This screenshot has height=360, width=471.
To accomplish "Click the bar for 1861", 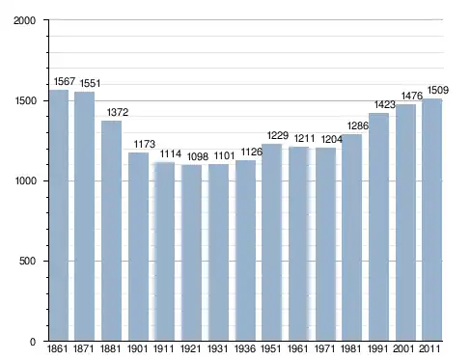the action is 59,215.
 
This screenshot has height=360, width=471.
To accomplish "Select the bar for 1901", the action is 138,247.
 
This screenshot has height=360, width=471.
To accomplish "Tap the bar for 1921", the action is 192,253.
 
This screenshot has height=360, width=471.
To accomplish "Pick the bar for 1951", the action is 272,242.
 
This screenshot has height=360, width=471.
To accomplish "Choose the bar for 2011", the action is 432,220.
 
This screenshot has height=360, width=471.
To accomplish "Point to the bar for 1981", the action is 352,237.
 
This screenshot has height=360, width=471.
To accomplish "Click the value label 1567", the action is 65,81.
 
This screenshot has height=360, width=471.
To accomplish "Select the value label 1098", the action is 198,157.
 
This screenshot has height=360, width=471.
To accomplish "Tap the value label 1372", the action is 118,112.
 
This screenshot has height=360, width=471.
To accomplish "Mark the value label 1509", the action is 437,90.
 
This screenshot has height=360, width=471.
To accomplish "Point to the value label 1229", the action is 278,135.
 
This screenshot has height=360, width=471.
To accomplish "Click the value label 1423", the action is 385,104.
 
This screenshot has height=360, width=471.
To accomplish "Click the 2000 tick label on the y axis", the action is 24,20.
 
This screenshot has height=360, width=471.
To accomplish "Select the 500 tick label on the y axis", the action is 27,261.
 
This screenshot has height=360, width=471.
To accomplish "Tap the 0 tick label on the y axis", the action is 33,342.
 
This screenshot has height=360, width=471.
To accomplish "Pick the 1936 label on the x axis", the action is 245,348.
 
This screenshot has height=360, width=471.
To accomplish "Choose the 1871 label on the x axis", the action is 84,348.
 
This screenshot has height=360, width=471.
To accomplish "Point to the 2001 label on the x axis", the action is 403,348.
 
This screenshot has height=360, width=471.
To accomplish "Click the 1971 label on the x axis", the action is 325,348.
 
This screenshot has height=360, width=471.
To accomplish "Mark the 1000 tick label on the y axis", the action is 25,180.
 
